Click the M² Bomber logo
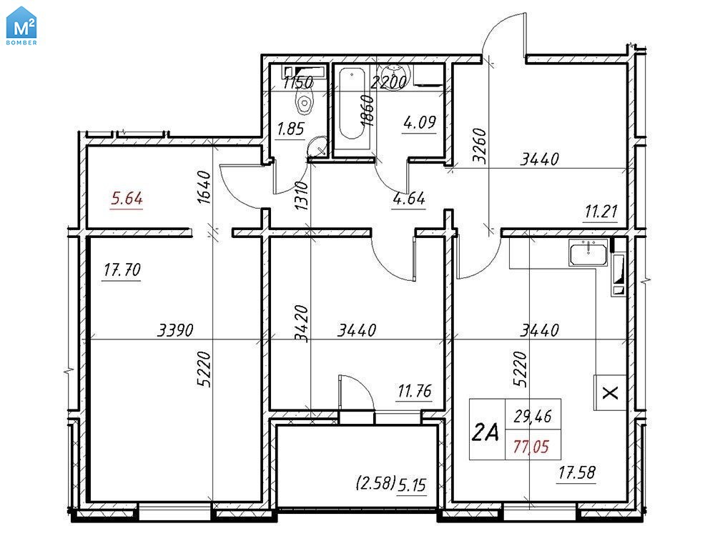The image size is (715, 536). [21, 26]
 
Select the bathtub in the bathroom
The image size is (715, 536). [352, 104]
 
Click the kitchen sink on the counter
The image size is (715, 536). [588, 253]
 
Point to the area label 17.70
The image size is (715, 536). [122, 270]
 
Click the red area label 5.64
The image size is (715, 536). [127, 199]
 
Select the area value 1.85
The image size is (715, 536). [290, 129]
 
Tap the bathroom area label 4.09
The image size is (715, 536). [420, 122]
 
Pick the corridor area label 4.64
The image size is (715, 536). [409, 198]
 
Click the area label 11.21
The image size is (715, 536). [601, 212]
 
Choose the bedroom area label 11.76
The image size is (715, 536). [415, 391]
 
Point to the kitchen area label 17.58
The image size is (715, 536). [577, 472]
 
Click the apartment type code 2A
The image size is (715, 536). [485, 432]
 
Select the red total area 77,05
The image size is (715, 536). [531, 447]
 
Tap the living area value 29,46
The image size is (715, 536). [532, 416]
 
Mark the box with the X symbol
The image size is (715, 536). [610, 392]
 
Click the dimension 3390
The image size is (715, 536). [176, 330]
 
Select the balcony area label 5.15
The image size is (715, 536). [412, 485]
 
